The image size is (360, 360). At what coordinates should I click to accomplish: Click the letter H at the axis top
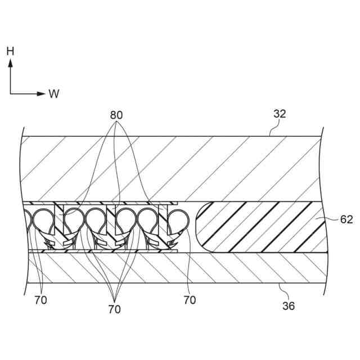(x=10, y=51)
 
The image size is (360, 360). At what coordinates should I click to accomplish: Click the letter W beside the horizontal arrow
(x=54, y=94)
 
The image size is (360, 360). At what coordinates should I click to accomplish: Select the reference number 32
(x=280, y=114)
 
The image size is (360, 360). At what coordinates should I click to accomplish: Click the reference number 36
(x=287, y=306)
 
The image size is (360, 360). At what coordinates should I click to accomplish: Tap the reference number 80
(x=116, y=115)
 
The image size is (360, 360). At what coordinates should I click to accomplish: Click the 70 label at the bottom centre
(x=114, y=309)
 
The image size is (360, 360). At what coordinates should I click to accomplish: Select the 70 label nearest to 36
(x=190, y=300)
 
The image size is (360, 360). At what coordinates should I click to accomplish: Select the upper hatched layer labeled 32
(x=169, y=169)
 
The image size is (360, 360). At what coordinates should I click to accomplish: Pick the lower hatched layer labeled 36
(x=169, y=268)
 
